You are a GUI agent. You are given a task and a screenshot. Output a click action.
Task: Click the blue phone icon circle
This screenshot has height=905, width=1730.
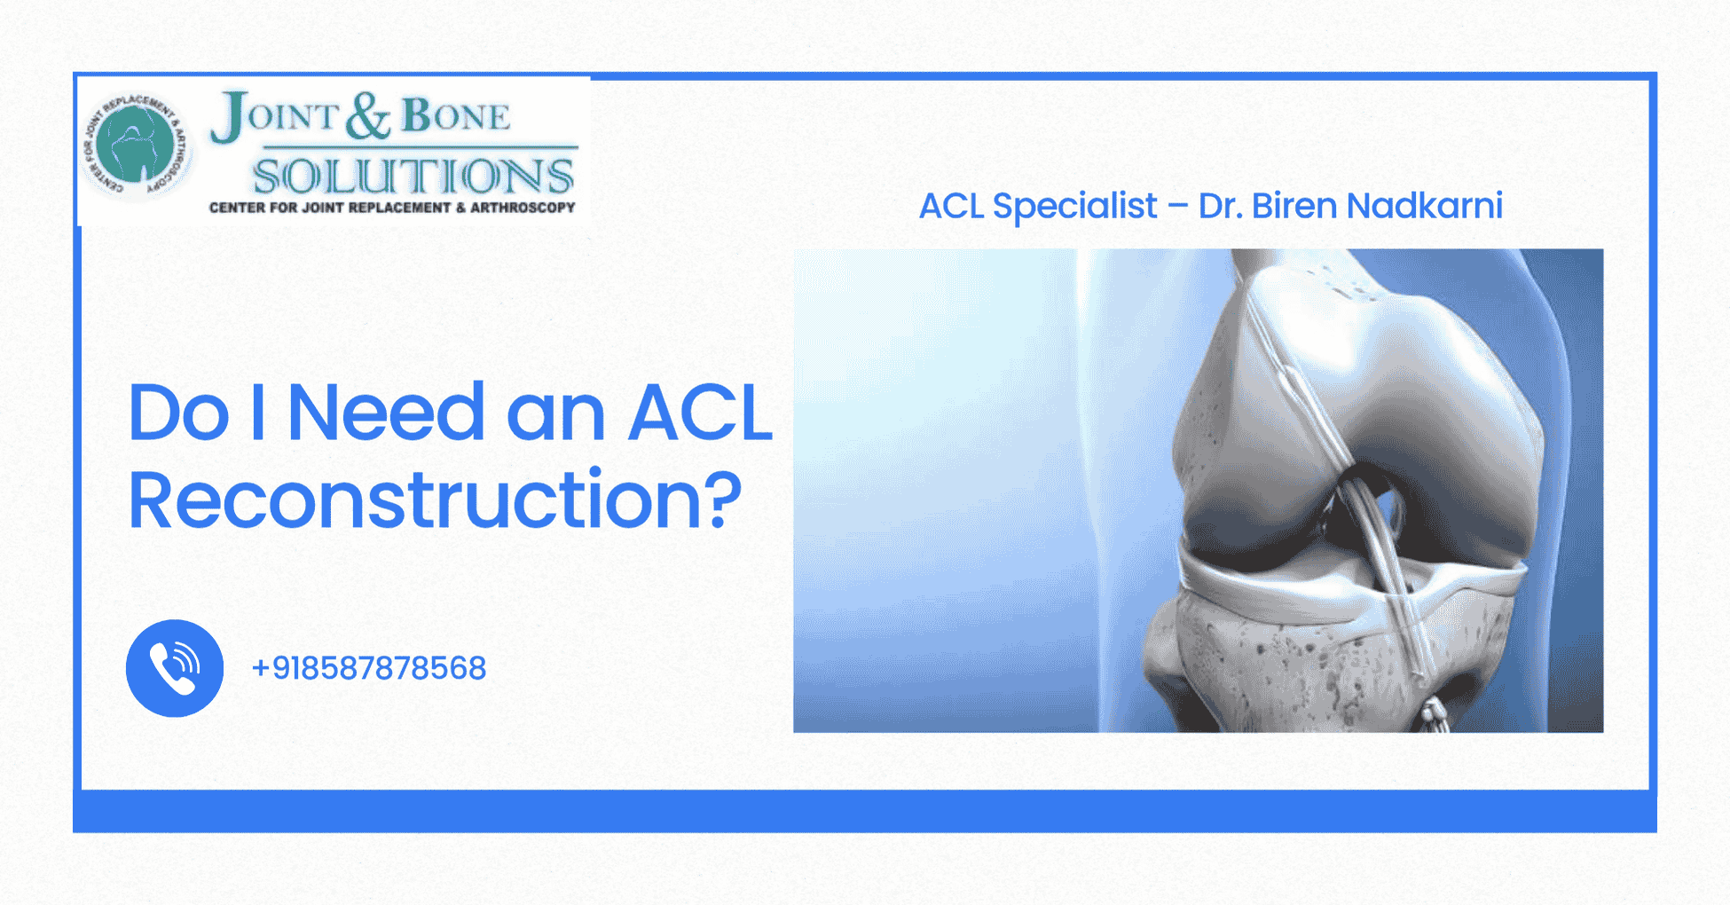[x=175, y=668]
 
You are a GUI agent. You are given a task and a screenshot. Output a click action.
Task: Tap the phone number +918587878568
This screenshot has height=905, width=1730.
[x=369, y=668]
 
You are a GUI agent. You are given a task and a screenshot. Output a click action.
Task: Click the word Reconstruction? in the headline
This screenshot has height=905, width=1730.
[x=435, y=501]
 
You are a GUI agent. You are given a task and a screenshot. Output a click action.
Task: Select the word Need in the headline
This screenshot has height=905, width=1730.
[x=386, y=413]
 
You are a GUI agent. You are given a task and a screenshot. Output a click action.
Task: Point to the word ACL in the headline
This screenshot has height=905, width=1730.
[x=700, y=413]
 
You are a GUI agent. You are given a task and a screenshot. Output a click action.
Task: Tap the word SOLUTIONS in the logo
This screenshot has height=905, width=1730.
[x=413, y=176]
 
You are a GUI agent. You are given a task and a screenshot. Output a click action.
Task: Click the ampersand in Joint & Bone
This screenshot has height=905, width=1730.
[x=367, y=116]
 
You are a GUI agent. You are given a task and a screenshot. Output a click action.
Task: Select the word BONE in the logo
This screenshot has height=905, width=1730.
[x=456, y=116]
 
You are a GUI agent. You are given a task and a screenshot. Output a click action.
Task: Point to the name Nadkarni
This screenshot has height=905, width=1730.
[x=1425, y=206]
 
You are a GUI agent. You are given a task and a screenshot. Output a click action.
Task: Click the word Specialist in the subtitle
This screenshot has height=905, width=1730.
[x=1074, y=206]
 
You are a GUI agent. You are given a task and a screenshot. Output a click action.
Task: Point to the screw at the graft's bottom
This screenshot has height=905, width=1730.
[x=1432, y=714]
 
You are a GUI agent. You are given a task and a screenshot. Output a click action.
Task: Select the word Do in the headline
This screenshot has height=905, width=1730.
[x=178, y=413]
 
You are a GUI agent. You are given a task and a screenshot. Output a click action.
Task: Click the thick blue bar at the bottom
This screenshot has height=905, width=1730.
[x=865, y=812]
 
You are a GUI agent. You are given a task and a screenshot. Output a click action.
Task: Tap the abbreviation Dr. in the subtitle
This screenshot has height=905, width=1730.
[x=1219, y=206]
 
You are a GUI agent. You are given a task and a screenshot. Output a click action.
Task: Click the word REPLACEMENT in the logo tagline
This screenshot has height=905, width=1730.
[x=400, y=208]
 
